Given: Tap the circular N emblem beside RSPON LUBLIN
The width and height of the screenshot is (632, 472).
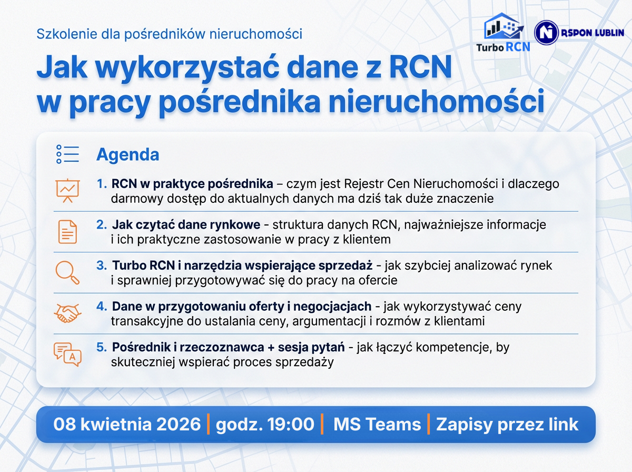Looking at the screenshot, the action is pos(546,33).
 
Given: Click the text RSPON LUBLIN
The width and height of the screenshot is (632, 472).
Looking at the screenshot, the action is pos(592,33).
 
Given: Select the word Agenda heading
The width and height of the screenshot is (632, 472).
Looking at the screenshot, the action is pos(127,154).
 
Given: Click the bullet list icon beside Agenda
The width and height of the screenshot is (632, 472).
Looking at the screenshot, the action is pos(67,154).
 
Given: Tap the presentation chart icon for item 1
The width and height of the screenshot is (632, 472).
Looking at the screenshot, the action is pos(67,191).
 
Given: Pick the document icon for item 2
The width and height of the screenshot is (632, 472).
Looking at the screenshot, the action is pos(67,232).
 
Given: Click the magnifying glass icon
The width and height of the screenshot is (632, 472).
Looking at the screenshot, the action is pos(67,273).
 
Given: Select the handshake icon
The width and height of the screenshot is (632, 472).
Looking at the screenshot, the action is pos(67,313).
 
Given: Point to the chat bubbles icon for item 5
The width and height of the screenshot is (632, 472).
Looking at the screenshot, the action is pos(67,355).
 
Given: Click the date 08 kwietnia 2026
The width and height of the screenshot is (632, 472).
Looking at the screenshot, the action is pos(127,424).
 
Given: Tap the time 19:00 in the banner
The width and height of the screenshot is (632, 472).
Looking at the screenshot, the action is pos(291,424).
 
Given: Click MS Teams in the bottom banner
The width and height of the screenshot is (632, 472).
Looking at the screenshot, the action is pos(377,424).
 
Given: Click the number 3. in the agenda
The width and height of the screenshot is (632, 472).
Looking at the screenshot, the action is pos(102,265).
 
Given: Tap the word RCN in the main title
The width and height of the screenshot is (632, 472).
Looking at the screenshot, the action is pos(421,67).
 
